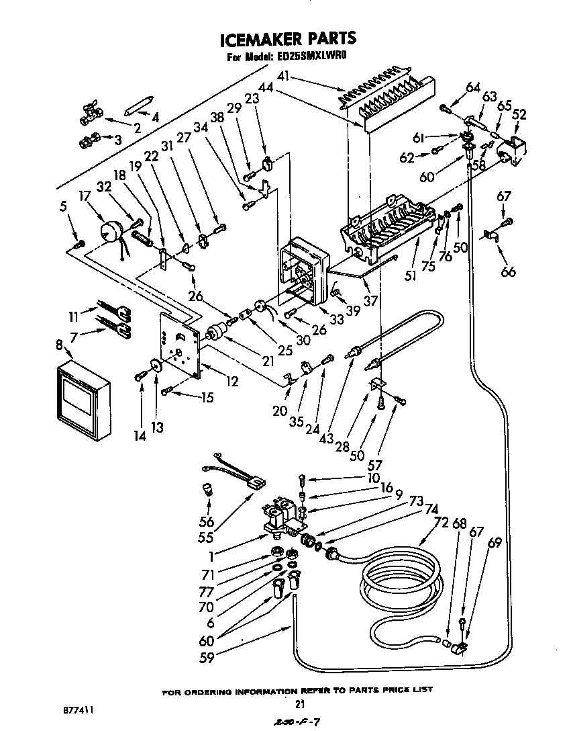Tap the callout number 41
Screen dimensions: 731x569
coord(284,76)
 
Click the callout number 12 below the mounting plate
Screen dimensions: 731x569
coord(232,382)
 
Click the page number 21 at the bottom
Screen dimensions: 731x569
coord(300,705)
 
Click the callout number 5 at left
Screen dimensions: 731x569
coord(62,207)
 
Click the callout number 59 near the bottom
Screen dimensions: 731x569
coord(207,658)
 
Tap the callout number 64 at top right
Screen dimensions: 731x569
coord(473,87)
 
